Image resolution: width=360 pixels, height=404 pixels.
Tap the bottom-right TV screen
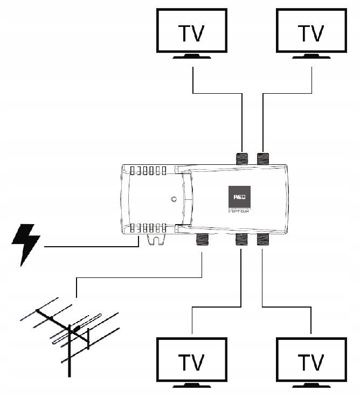pyautogui.click(x=312, y=359)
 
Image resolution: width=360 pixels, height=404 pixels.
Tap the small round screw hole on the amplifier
pyautogui.click(x=173, y=199)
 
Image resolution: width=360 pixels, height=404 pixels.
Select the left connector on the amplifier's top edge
pyautogui.click(x=240, y=158)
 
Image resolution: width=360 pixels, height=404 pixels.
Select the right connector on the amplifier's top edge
pyautogui.click(x=263, y=158)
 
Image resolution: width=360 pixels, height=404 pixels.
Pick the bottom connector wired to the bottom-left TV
pyautogui.click(x=240, y=240)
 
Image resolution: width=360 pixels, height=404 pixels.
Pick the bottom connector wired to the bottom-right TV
pyautogui.click(x=262, y=240)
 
